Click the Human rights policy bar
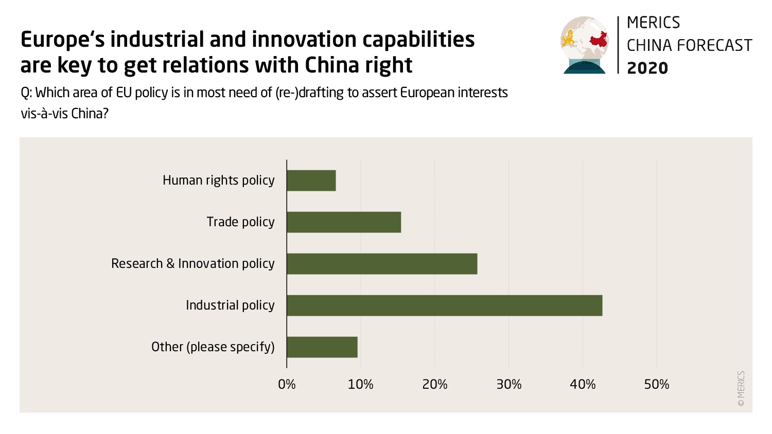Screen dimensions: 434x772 (x=311, y=180)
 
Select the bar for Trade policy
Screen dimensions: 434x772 (x=344, y=222)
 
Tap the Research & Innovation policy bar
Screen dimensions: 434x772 (x=382, y=264)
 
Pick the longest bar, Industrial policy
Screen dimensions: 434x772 (x=444, y=305)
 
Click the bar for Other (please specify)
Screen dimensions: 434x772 (x=322, y=347)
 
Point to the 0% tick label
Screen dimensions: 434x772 (x=287, y=385)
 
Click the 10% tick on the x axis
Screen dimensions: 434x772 (x=361, y=385)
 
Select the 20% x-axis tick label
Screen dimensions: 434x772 (x=435, y=385)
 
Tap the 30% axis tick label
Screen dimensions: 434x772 (x=509, y=385)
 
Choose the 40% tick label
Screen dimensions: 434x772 (x=583, y=385)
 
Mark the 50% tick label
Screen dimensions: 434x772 (x=657, y=385)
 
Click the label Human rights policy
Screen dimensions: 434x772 (x=219, y=180)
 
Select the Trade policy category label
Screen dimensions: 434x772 (x=240, y=222)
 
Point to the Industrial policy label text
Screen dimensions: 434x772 (x=230, y=305)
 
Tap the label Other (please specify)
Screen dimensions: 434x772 (x=213, y=347)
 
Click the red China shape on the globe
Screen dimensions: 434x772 (x=598, y=40)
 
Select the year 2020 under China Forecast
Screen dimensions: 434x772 (x=647, y=68)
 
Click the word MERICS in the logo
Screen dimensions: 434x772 (x=653, y=23)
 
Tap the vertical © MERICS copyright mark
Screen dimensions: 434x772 (x=741, y=389)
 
